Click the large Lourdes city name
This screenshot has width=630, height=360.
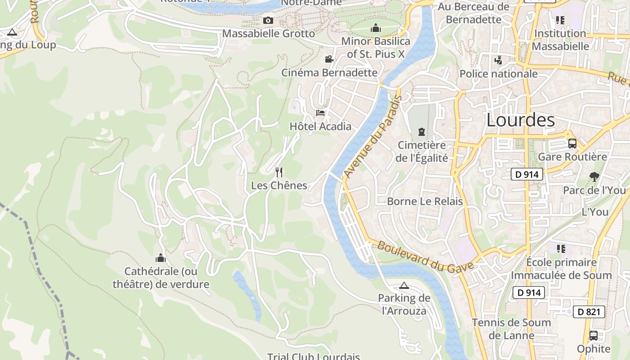click(521, 120)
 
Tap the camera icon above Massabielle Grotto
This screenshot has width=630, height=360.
click(268, 21)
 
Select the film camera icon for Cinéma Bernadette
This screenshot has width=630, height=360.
click(329, 59)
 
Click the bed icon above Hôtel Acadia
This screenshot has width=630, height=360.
click(320, 112)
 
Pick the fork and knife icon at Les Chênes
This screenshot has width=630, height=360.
click(279, 172)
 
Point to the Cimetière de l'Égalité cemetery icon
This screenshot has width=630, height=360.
click(421, 132)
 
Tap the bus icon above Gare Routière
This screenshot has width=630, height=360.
click(572, 144)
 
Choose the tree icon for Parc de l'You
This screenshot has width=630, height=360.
click(594, 177)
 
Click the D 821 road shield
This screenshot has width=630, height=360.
click(589, 311)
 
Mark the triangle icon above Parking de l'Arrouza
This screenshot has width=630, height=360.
click(404, 285)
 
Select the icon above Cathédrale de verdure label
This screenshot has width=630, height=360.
click(161, 258)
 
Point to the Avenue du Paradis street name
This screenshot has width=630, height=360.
click(373, 136)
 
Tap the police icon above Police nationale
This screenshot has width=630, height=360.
click(498, 60)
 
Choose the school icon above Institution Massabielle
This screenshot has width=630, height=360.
click(560, 20)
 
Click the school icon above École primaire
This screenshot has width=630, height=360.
click(561, 249)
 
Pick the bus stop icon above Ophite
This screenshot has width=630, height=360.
click(594, 336)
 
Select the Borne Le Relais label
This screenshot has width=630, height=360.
click(425, 201)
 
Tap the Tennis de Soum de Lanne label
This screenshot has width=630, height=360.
click(511, 329)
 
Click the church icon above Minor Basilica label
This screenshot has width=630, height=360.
click(376, 28)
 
